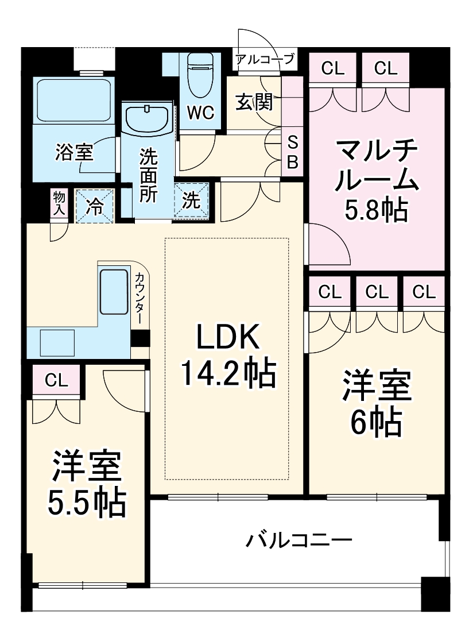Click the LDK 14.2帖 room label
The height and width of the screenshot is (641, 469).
coord(228,356)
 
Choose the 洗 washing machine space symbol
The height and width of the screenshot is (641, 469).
coord(191,200)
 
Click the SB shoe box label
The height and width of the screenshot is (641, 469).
coord(292,152)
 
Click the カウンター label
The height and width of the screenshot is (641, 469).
coord(140,299)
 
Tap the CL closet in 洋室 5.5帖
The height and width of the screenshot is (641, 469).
coord(56,380)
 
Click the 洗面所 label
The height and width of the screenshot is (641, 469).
coord(148,176)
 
